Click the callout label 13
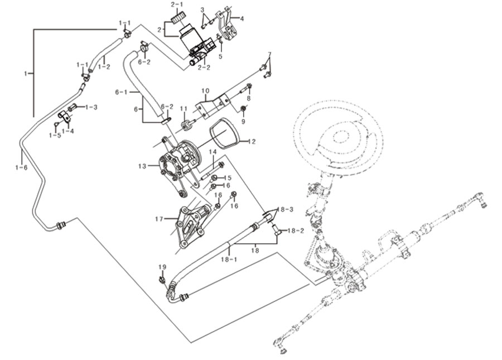tap(142, 166)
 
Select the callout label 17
tap(159, 219)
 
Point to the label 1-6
tap(21, 167)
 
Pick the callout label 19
tap(162, 267)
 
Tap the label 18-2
tap(296, 231)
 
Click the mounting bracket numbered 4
tap(227, 26)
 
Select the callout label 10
tap(205, 91)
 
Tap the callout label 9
tap(243, 122)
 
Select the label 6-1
tap(122, 92)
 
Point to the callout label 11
tap(184, 109)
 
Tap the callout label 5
tap(220, 57)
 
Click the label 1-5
tap(55, 136)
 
